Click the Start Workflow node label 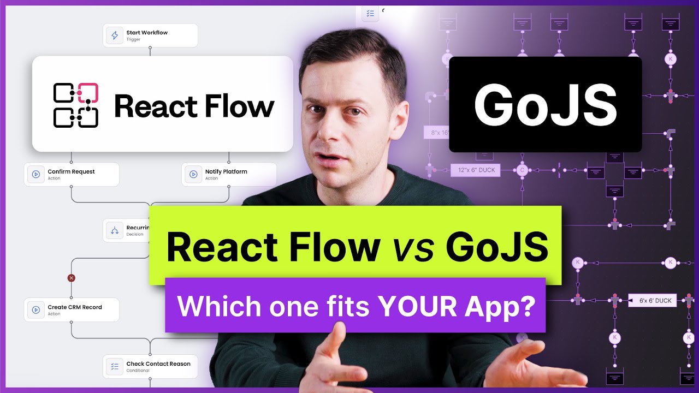coord(147,33)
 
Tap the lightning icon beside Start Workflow coord(115,35)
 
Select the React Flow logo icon coord(75,105)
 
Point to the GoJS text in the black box coord(545,105)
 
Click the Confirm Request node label coord(71,171)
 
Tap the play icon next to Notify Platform coord(193,175)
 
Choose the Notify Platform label coord(226,171)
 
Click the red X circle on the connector coord(71,278)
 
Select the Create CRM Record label coord(75,307)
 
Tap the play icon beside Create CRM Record coord(36,310)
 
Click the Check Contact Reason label coord(158,364)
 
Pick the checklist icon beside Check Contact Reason coord(115,367)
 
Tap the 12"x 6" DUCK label coord(473,170)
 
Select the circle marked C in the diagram coord(522,170)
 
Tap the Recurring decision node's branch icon coord(115,230)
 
